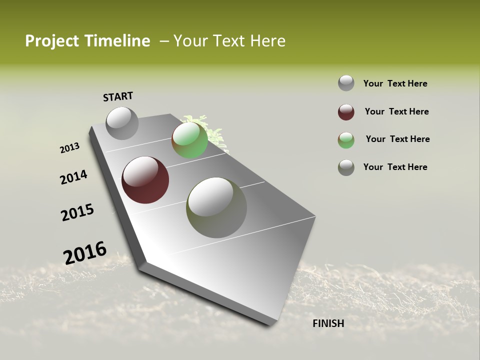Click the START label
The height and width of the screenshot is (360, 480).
[118, 96]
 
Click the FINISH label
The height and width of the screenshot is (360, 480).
[328, 323]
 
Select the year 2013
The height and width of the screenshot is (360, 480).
[69, 148]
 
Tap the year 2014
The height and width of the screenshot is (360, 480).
[73, 177]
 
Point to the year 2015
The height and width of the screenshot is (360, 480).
[77, 212]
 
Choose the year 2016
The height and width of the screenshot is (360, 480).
[85, 252]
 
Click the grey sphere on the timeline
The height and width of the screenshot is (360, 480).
[122, 123]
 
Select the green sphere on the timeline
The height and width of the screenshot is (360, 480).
[189, 140]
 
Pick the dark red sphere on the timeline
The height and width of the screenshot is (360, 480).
[145, 180]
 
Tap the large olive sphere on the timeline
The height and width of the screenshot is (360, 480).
[216, 207]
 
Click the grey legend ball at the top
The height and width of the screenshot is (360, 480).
[346, 83]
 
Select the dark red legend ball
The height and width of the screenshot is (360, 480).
[346, 112]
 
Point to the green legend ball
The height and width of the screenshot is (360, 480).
[346, 140]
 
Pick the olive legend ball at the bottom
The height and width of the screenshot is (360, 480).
[346, 167]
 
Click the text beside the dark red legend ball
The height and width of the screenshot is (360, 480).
[396, 111]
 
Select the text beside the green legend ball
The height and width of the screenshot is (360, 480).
[397, 139]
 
